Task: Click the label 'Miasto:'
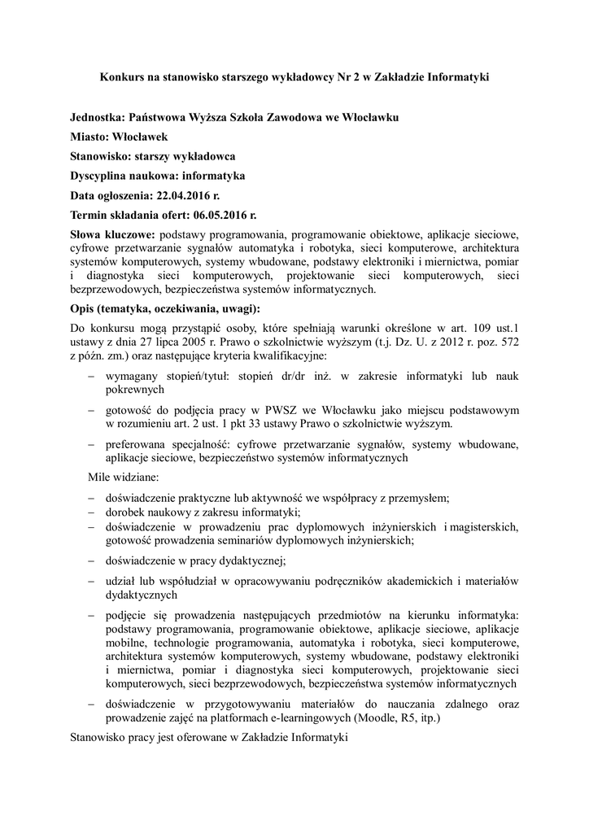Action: (90, 137)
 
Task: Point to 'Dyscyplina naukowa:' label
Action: (124, 176)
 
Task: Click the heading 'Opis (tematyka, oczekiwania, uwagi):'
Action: (166, 309)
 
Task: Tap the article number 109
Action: (475, 328)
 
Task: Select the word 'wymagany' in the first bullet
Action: (132, 377)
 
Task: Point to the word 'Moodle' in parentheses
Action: (373, 718)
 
